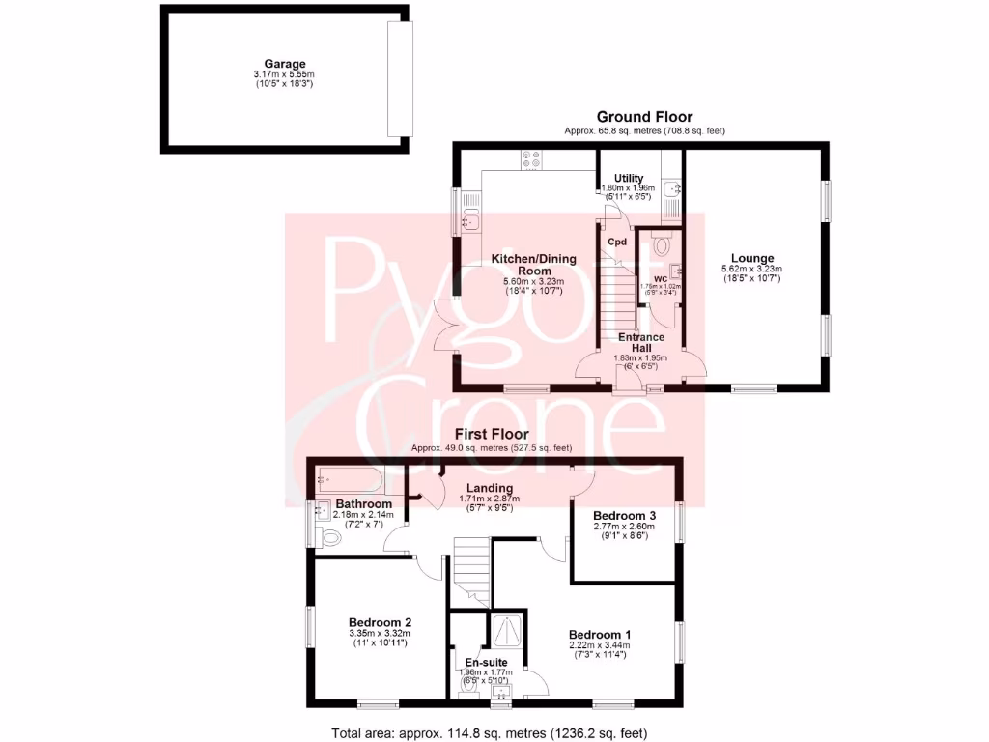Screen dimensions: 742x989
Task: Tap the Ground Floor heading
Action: click(x=644, y=117)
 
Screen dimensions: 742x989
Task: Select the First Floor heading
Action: click(x=491, y=435)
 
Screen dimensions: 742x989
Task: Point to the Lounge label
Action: click(x=750, y=258)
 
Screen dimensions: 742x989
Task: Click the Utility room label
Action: click(x=628, y=178)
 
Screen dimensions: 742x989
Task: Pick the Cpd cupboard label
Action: click(x=617, y=242)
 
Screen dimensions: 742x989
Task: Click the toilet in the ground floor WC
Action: click(x=662, y=245)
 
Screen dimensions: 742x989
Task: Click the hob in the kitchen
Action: click(x=531, y=160)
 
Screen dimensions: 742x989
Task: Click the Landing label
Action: click(x=486, y=488)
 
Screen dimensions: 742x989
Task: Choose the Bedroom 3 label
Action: click(x=624, y=516)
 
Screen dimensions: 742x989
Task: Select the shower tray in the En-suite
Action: click(x=510, y=631)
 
